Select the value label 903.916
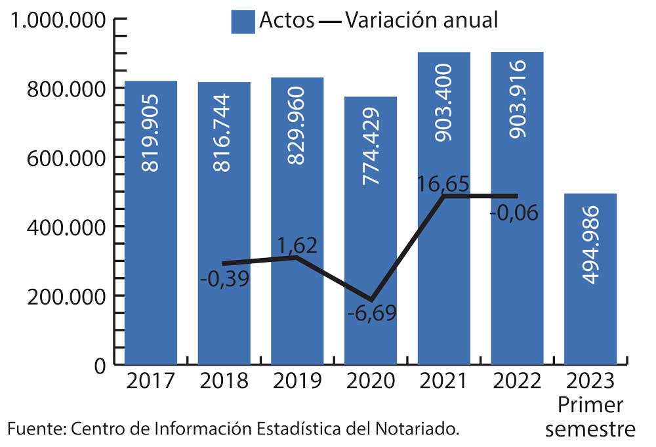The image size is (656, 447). pyautogui.click(x=518, y=98)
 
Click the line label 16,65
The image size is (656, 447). pyautogui.click(x=443, y=183)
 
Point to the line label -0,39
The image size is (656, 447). pyautogui.click(x=224, y=278)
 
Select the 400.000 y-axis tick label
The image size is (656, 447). pyautogui.click(x=66, y=227)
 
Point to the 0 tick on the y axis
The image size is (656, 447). pyautogui.click(x=99, y=366)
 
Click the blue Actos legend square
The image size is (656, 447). pyautogui.click(x=243, y=22)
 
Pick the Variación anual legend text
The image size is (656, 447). pyautogui.click(x=422, y=20)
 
